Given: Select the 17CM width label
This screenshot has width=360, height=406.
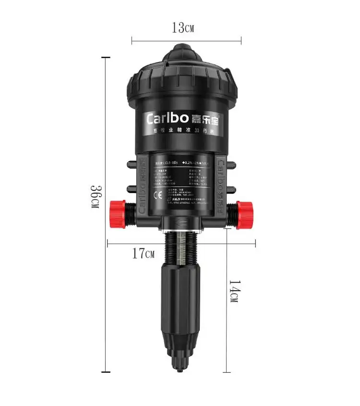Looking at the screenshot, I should point(144,254).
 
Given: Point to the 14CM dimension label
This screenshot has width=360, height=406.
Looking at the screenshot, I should point(233,291).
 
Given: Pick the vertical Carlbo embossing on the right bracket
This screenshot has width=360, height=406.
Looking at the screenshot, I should point(222,183).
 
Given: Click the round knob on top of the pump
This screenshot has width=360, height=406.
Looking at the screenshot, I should point(182,52).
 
